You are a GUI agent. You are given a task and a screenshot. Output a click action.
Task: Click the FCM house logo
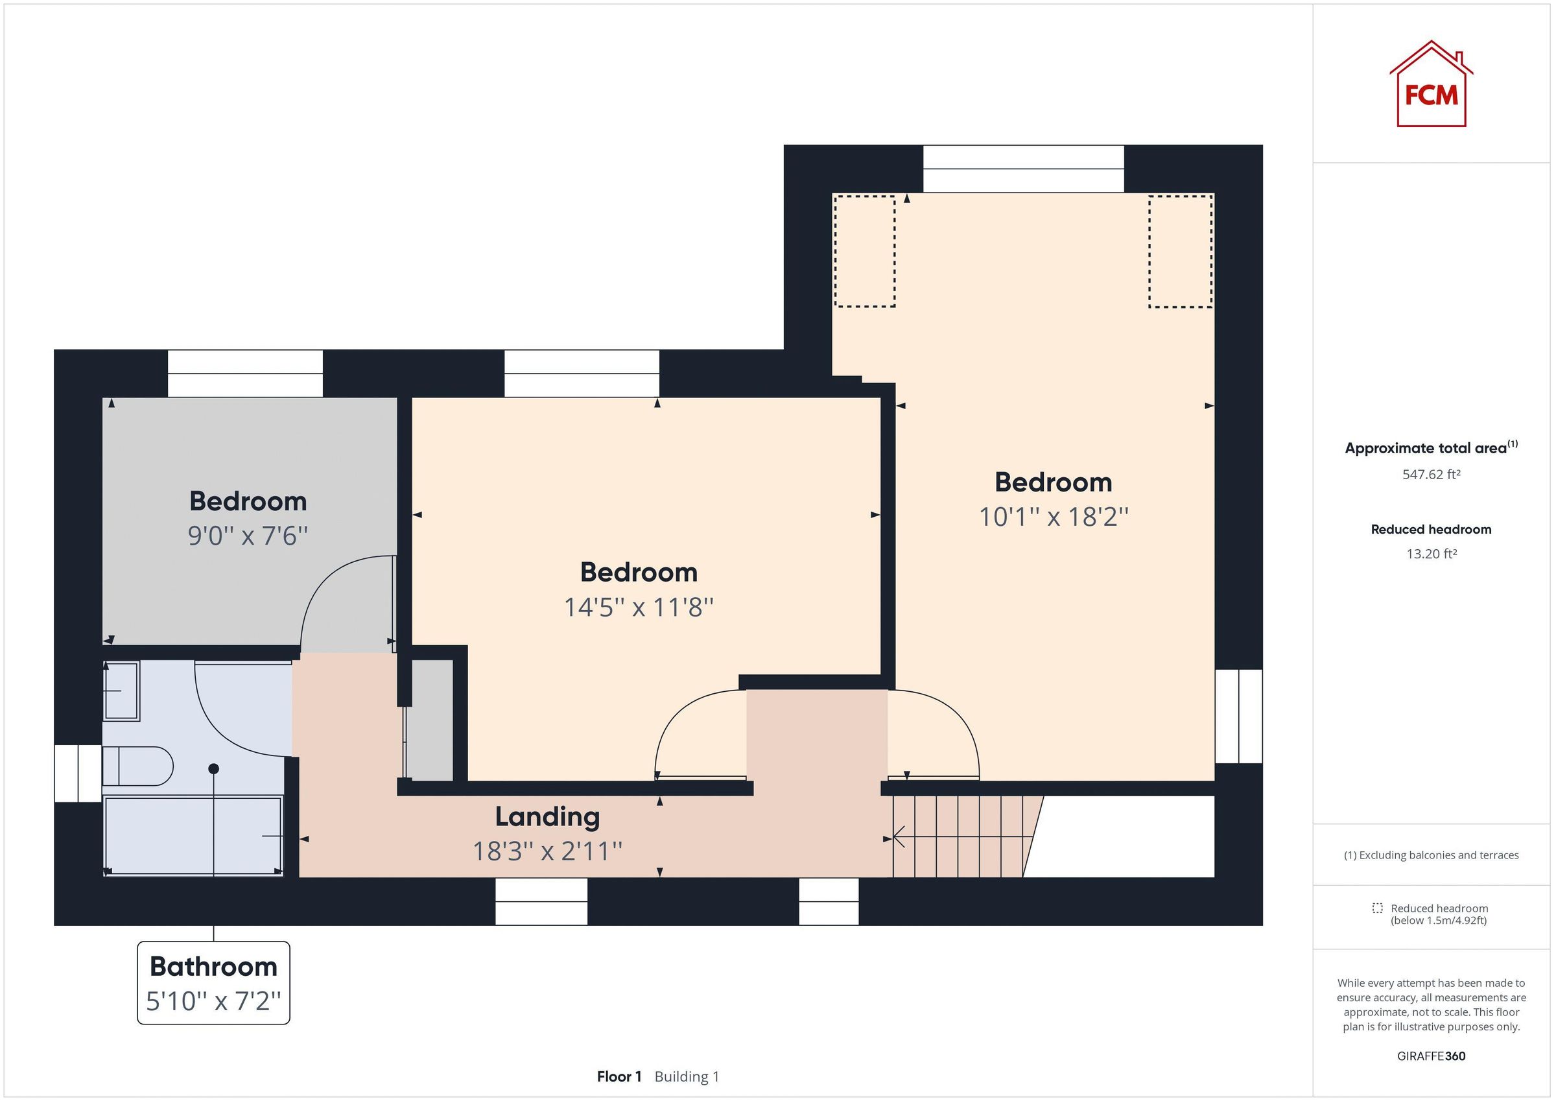[1430, 86]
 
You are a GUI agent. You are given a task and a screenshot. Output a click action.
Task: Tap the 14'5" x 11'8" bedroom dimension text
[639, 608]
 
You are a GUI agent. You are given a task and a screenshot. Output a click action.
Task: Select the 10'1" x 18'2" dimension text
[1053, 517]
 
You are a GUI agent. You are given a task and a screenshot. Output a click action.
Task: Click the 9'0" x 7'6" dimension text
[248, 536]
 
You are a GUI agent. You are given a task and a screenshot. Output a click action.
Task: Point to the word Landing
[547, 817]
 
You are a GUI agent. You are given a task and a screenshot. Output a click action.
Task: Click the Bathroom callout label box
[213, 982]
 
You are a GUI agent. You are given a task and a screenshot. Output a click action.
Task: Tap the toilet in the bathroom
[138, 766]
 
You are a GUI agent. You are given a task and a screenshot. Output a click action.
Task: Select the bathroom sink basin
[122, 690]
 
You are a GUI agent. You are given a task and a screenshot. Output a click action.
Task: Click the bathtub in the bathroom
[194, 836]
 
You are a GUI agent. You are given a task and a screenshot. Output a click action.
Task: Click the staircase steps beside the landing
[962, 836]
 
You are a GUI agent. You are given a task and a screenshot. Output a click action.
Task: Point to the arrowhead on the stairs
[899, 836]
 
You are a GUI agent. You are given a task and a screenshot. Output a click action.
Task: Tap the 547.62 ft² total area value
[1431, 475]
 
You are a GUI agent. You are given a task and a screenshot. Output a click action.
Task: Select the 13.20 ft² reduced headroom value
[1431, 554]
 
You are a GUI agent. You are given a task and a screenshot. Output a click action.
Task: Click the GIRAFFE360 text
[1431, 1056]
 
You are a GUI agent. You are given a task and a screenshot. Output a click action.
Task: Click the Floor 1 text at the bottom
[618, 1076]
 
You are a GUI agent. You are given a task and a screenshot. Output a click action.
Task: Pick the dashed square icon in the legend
[1376, 908]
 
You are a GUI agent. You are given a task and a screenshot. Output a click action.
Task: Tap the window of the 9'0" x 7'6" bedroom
[244, 373]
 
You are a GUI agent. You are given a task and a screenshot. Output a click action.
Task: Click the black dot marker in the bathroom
[213, 769]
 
